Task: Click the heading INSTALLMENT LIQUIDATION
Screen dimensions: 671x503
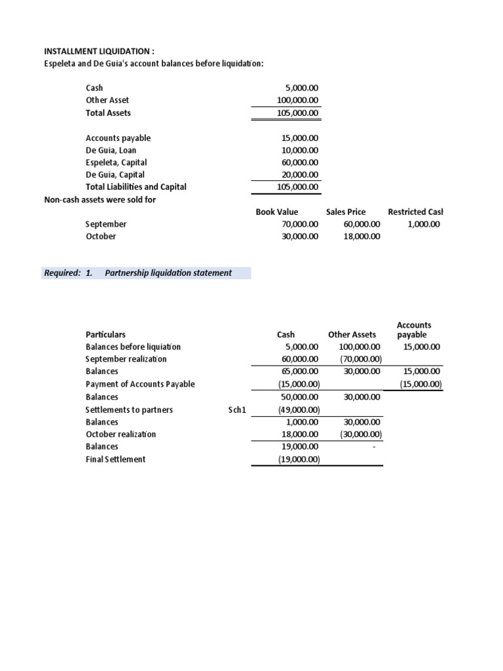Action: (99, 50)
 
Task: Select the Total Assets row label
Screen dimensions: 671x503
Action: (108, 113)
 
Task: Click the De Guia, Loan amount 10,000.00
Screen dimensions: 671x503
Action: (299, 150)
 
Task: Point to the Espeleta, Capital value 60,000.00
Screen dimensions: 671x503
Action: (299, 163)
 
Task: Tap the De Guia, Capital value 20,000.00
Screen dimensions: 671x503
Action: (299, 175)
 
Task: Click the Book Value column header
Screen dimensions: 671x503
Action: (276, 212)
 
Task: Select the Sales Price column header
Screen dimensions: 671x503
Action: (346, 212)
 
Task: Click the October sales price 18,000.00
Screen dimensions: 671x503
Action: (361, 237)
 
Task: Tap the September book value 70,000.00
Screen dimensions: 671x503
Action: (299, 224)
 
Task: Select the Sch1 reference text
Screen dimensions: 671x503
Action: (236, 410)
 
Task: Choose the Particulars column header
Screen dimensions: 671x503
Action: (105, 334)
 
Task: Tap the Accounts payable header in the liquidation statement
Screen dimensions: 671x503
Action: (414, 330)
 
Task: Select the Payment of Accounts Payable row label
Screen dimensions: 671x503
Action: (140, 384)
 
